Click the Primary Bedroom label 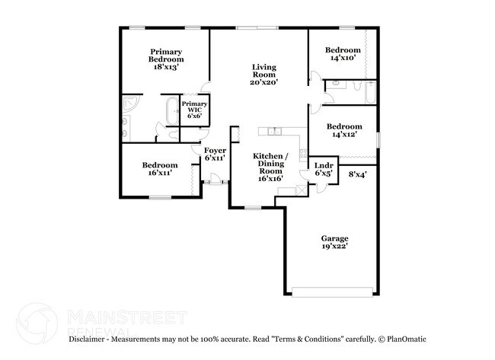(165, 59)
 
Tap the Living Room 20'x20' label (264, 75)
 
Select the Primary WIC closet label (194, 109)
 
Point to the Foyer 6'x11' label (214, 155)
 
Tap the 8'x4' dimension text (357, 174)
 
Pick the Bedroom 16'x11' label (159, 169)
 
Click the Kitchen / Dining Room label (270, 164)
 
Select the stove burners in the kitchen (287, 190)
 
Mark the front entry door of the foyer (216, 183)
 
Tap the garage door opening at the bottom (334, 291)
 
